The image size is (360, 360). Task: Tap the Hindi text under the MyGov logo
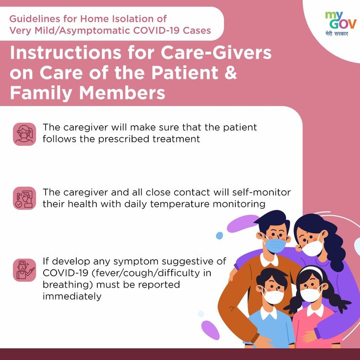click(337, 34)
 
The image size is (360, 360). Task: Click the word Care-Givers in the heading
click(216, 52)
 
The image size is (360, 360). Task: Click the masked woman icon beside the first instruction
click(24, 134)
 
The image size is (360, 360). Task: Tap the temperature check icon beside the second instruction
click(24, 198)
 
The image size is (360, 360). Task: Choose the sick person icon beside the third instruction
click(24, 270)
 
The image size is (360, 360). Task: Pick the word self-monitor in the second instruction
click(261, 192)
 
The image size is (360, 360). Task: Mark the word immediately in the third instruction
click(72, 296)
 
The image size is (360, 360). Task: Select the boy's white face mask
click(273, 296)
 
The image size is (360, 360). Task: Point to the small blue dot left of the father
click(220, 236)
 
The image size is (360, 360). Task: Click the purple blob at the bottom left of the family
click(210, 330)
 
